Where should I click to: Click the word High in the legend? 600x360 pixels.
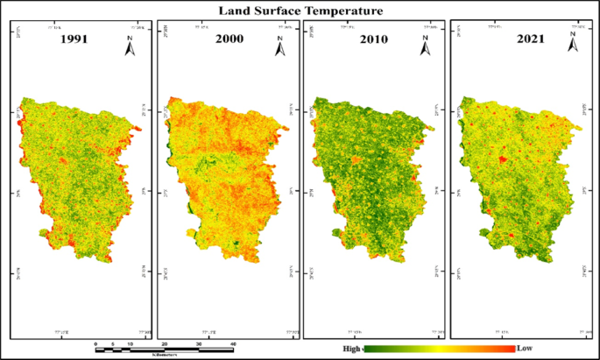tap(350, 349)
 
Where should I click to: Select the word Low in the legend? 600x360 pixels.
tap(525, 349)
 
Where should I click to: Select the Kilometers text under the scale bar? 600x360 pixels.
tap(166, 356)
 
